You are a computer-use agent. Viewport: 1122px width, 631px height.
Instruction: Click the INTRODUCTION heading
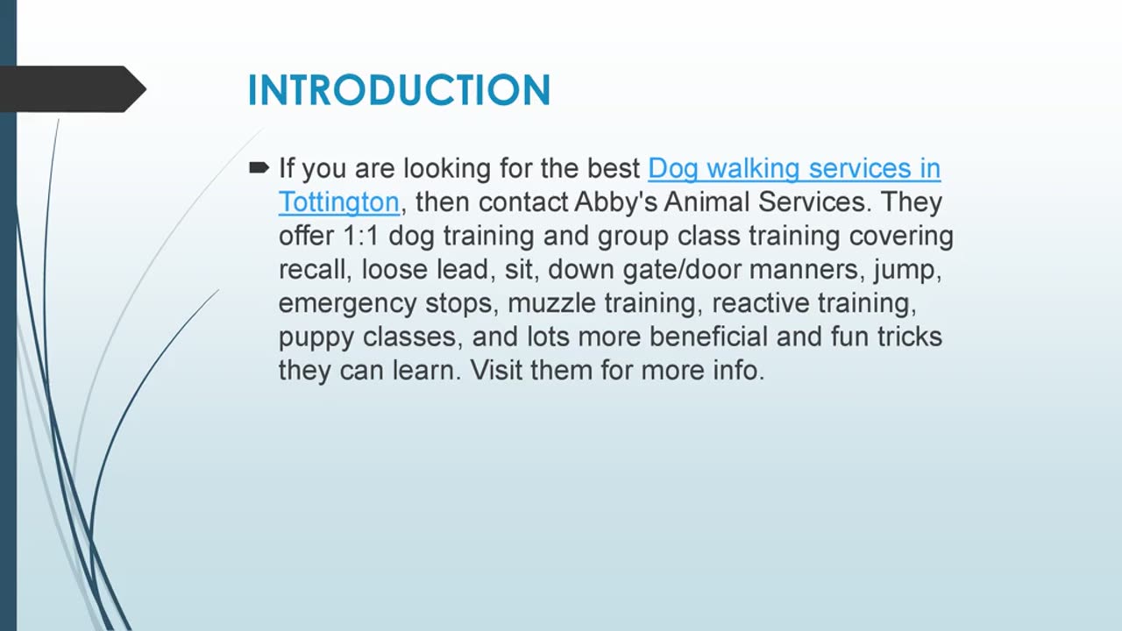[x=399, y=90]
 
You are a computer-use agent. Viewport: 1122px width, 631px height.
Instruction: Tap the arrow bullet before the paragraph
[x=259, y=167]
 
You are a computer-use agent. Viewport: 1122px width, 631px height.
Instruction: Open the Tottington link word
[x=339, y=202]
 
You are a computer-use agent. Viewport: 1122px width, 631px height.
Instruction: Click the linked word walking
[x=753, y=169]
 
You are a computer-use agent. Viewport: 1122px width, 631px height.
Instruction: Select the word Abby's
[x=615, y=202]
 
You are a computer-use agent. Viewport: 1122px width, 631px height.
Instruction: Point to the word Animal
[x=707, y=202]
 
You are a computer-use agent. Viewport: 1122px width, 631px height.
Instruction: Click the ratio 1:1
[x=361, y=236]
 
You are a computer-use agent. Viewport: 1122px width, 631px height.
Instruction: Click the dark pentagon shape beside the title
[x=73, y=89]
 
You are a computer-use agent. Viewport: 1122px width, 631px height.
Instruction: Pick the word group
[x=633, y=237]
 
